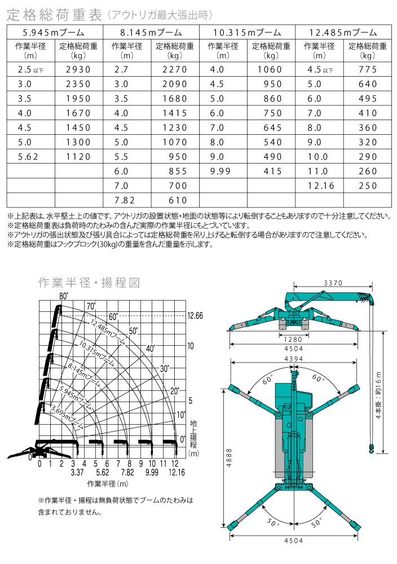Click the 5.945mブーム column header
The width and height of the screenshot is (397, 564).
(x=55, y=33)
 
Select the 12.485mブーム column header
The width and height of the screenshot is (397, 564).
(x=345, y=33)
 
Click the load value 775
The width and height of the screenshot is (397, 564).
(x=367, y=69)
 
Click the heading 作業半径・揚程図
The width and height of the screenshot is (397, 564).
(x=89, y=283)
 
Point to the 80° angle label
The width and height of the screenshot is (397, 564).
(x=63, y=296)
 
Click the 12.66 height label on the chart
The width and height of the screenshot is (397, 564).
(x=195, y=316)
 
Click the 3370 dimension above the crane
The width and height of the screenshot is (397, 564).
(x=333, y=283)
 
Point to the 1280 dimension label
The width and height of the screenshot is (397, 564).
(x=293, y=340)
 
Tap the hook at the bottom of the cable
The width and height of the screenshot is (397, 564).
(x=371, y=449)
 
